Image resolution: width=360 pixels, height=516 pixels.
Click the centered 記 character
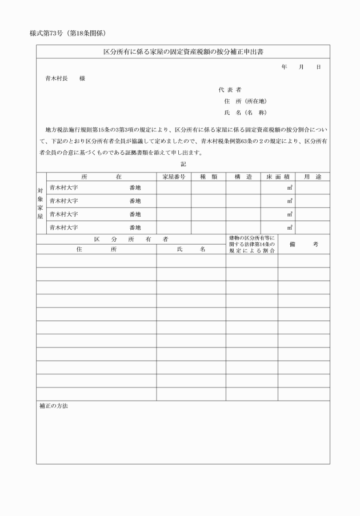(x=183, y=164)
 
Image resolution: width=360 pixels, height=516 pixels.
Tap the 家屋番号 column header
(x=174, y=177)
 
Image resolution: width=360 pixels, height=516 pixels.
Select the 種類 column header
(x=209, y=177)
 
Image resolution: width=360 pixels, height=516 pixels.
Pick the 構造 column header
(x=243, y=177)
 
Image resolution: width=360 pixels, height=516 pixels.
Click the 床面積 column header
(x=278, y=177)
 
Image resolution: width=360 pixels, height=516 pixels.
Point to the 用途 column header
(x=313, y=177)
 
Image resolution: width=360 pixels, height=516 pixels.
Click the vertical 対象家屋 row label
(x=41, y=203)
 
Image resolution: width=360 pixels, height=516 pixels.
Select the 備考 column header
(x=304, y=244)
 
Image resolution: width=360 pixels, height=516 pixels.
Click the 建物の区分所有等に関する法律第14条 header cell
(x=252, y=244)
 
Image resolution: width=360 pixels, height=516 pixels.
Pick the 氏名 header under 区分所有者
(x=191, y=249)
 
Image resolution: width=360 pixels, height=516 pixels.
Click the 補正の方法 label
(x=54, y=406)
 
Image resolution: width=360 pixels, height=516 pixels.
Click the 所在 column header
(x=102, y=177)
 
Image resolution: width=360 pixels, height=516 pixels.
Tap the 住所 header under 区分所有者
(x=97, y=249)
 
